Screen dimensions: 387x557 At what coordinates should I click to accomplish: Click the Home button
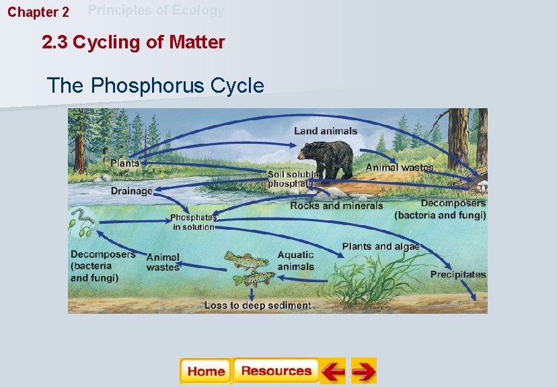[205, 371]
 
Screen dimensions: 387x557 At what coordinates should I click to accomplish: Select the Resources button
[276, 371]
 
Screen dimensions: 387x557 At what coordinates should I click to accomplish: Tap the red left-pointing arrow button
[332, 371]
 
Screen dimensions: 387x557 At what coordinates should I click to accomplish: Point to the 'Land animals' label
[326, 130]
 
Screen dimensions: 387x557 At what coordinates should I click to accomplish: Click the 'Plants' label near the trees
[125, 163]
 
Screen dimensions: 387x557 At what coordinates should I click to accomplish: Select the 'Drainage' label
[132, 191]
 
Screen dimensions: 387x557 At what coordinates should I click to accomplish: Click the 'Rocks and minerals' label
[336, 206]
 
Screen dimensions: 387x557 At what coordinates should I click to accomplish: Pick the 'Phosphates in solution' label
[193, 222]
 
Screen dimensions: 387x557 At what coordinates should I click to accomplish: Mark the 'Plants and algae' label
[381, 247]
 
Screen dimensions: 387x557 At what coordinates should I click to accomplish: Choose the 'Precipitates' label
[458, 274]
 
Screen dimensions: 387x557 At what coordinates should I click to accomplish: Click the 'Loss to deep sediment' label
[258, 305]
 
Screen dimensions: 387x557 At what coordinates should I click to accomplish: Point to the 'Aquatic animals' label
[296, 260]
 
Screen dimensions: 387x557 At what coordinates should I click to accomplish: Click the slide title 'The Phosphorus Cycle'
[155, 85]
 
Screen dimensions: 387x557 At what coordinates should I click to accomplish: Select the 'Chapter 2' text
[38, 13]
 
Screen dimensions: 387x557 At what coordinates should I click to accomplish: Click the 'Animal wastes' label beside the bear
[400, 167]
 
